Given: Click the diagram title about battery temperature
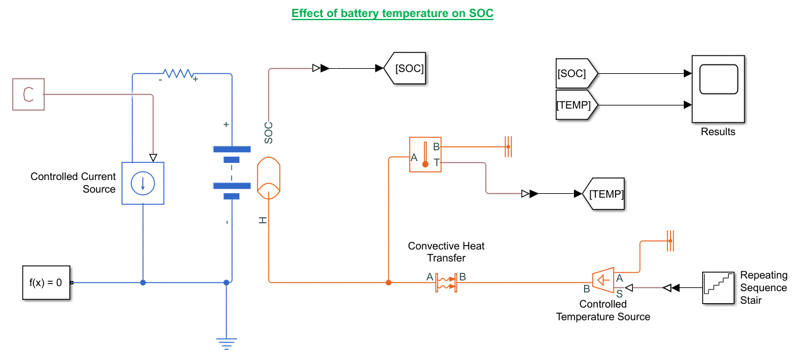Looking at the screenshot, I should pos(392,13).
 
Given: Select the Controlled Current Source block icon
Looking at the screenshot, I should pos(143,183).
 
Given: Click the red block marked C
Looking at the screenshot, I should pos(28,94).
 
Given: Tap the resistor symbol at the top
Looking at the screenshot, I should pos(177,75).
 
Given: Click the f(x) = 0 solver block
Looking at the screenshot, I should pos(45,282).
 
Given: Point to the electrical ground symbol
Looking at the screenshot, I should pos(226,343).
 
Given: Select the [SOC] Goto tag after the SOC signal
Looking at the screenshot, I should pos(405,68).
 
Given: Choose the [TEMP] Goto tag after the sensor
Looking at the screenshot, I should pos(602,194).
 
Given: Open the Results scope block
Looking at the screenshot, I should pos(718,88).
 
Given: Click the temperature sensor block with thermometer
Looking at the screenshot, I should pos(425,155).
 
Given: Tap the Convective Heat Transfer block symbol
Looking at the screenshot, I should pos(446,282).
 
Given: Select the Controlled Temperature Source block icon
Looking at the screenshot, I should pos(603,279).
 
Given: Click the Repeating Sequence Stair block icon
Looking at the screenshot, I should pos(719,287).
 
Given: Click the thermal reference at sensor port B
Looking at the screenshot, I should pos(508,147).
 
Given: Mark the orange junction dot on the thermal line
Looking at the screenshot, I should pos(388,282).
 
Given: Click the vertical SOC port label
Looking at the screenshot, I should pos(268,132).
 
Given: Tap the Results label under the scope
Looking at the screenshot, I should pos(718,132).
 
